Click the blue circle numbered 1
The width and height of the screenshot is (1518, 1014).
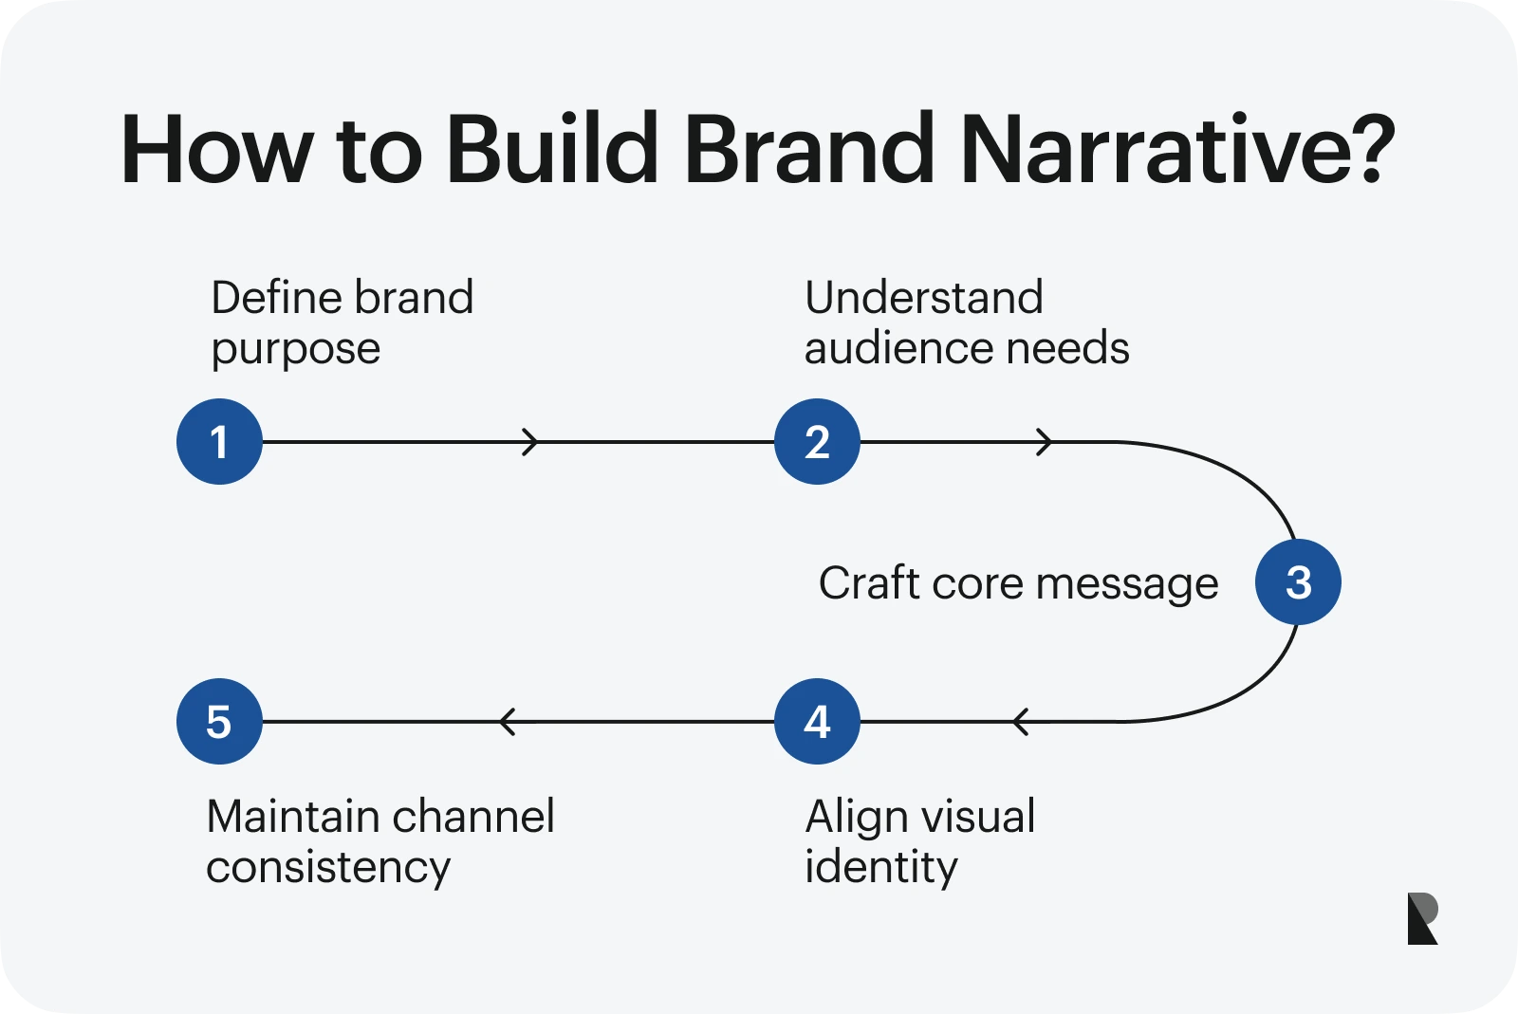[219, 442]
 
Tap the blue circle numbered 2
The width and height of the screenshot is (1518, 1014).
[817, 442]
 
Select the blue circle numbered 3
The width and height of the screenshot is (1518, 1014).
[1299, 581]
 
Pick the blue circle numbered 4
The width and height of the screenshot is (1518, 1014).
[817, 722]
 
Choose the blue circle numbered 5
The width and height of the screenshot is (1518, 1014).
[219, 722]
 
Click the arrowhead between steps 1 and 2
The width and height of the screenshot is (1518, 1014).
[530, 442]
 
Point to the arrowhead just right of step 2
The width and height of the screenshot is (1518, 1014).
[1045, 442]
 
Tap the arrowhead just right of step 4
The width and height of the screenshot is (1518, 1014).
[1021, 722]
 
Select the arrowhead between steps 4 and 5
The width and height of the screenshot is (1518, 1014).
[508, 722]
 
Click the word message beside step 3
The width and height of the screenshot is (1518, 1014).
[1127, 585]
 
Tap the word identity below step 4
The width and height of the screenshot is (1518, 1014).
[881, 867]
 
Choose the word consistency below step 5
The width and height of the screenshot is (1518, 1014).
[328, 869]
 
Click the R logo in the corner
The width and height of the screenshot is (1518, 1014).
[1422, 918]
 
